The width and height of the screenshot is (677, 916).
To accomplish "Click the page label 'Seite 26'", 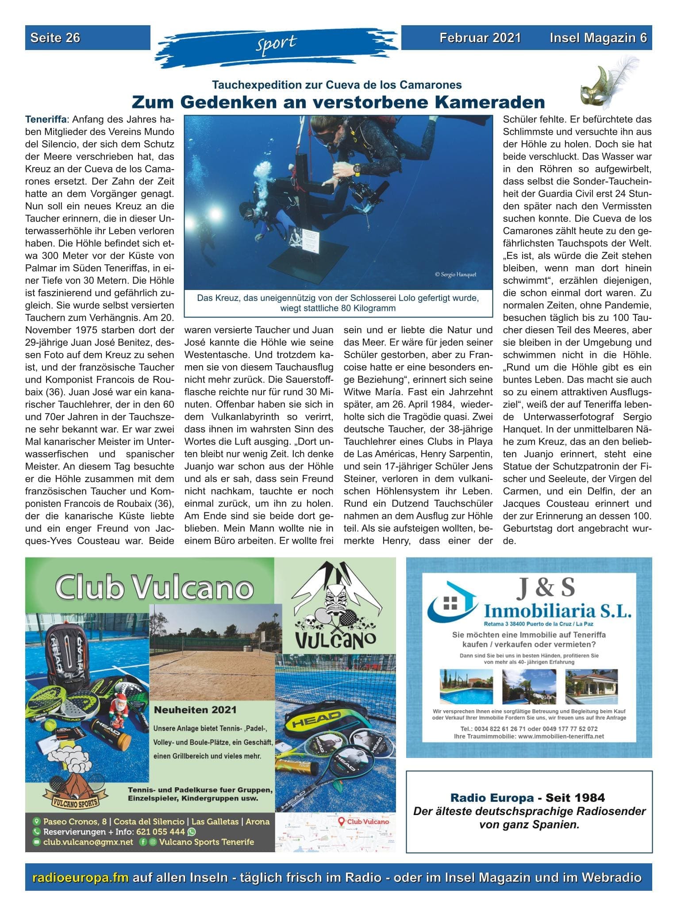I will pyautogui.click(x=55, y=38).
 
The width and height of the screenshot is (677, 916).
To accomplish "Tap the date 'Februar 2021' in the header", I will pyautogui.click(x=480, y=38).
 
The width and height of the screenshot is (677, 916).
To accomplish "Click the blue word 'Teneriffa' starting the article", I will pyautogui.click(x=46, y=120).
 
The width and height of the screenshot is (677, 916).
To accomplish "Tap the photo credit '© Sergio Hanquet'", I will pyautogui.click(x=455, y=274).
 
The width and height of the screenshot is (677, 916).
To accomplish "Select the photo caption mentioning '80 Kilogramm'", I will pyautogui.click(x=338, y=303).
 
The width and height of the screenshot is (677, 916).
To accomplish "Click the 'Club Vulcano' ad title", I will pyautogui.click(x=154, y=587).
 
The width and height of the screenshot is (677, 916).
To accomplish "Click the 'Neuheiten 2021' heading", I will pyautogui.click(x=195, y=710).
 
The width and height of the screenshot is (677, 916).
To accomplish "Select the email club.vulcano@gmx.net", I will pyautogui.click(x=88, y=842).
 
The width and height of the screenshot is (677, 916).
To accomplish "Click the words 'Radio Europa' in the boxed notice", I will pyautogui.click(x=492, y=798).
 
